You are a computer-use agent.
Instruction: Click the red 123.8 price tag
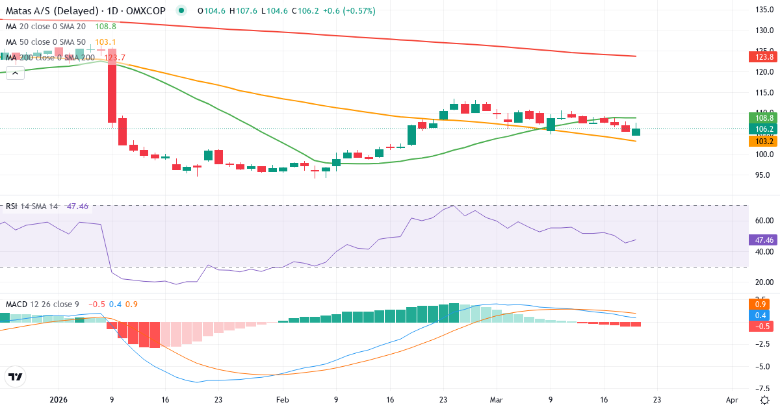click(764, 56)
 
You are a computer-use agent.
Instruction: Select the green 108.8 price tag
click(764, 118)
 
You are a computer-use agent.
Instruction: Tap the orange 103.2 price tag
click(764, 141)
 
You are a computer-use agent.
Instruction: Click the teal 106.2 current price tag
click(764, 129)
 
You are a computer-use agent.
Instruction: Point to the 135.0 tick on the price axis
click(764, 10)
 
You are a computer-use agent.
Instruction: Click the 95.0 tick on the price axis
click(764, 175)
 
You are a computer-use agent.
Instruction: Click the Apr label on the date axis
click(733, 400)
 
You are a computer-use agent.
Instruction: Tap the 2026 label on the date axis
click(58, 400)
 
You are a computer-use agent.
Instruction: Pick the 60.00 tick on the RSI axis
click(764, 221)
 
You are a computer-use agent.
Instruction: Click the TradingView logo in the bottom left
click(15, 377)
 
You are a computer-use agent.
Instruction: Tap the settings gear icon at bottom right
click(764, 399)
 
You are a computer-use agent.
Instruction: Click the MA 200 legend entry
click(49, 57)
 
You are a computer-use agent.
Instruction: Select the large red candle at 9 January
click(112, 86)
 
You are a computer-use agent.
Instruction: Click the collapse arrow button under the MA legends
click(15, 73)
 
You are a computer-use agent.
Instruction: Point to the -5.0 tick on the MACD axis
click(764, 366)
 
